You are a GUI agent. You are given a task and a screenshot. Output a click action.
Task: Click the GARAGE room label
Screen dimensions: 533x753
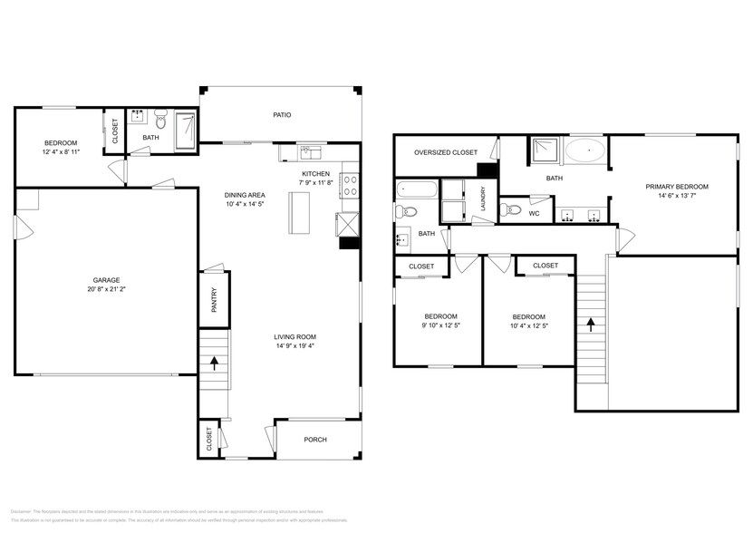click(106, 280)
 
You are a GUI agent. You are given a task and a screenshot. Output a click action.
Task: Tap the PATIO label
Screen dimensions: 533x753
click(282, 115)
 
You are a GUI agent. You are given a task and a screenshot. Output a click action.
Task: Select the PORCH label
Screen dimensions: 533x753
click(314, 440)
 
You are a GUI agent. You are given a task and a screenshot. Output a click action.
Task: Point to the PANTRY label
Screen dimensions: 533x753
click(215, 301)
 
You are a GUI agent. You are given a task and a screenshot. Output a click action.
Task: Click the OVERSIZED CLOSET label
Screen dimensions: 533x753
click(445, 152)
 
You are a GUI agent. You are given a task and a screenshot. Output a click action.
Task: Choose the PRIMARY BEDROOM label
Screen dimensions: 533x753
click(676, 187)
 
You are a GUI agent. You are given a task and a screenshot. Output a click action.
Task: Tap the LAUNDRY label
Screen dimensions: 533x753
click(484, 199)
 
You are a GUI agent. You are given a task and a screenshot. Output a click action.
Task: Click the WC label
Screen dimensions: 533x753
click(534, 214)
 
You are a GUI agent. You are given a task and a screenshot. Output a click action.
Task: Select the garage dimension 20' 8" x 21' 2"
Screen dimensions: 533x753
click(106, 290)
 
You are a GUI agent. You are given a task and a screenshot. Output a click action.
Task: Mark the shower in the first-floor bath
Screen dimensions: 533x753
click(184, 130)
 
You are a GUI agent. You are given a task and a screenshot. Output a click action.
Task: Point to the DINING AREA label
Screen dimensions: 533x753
click(245, 195)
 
